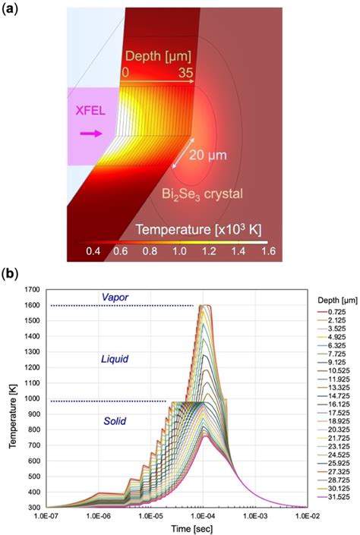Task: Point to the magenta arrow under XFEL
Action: (90, 134)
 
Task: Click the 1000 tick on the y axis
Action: (36, 379)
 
